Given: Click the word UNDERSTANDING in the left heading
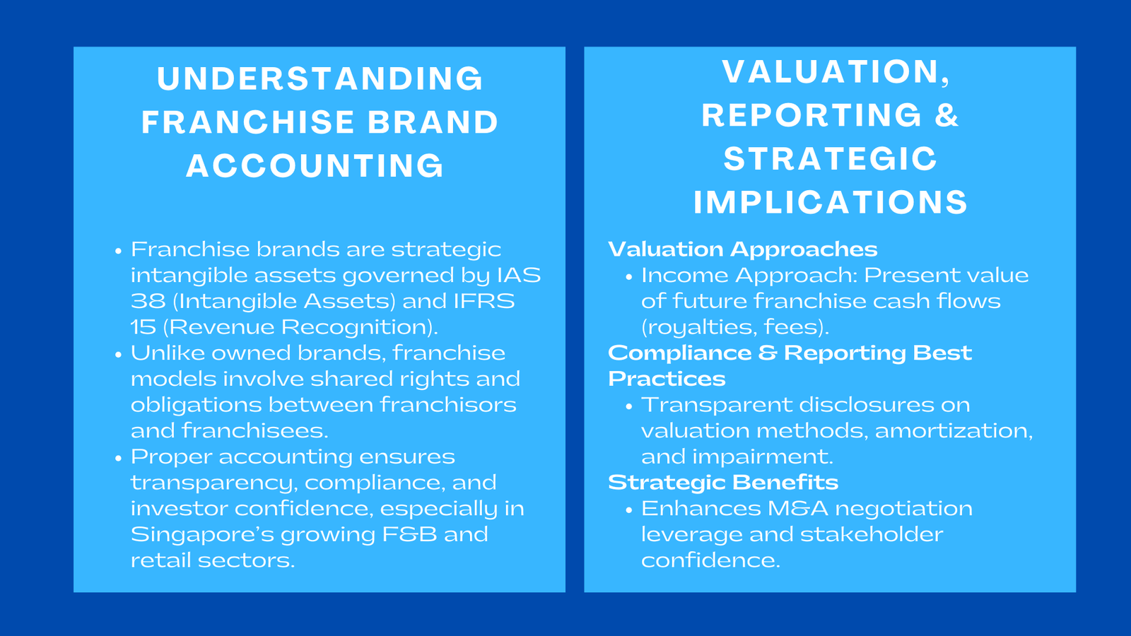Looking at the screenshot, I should point(320,78).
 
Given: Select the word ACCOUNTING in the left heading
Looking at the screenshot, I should point(315,166).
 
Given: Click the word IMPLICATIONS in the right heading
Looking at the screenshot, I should point(831,203).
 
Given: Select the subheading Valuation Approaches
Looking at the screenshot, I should point(742,249).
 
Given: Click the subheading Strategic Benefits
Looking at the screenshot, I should point(722,483).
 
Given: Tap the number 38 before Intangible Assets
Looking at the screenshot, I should point(147,302).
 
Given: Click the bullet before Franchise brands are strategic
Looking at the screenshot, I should point(118,251).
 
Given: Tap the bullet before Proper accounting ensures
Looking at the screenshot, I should point(118,458).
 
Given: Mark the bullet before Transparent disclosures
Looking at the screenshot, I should point(628,406).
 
